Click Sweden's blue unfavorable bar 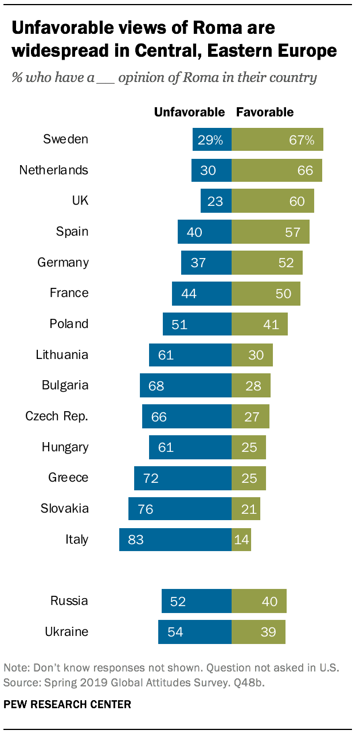[212, 139]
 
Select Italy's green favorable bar [241, 540]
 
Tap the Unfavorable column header [189, 112]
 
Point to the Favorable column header [265, 112]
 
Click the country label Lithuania [62, 354]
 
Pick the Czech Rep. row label [57, 416]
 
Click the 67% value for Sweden [302, 139]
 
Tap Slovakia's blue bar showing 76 [180, 509]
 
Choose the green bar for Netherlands [276, 170]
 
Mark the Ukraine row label [66, 632]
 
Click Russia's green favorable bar [259, 601]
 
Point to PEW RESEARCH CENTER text [68, 704]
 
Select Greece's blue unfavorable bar [182, 478]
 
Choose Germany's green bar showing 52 [267, 263]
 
